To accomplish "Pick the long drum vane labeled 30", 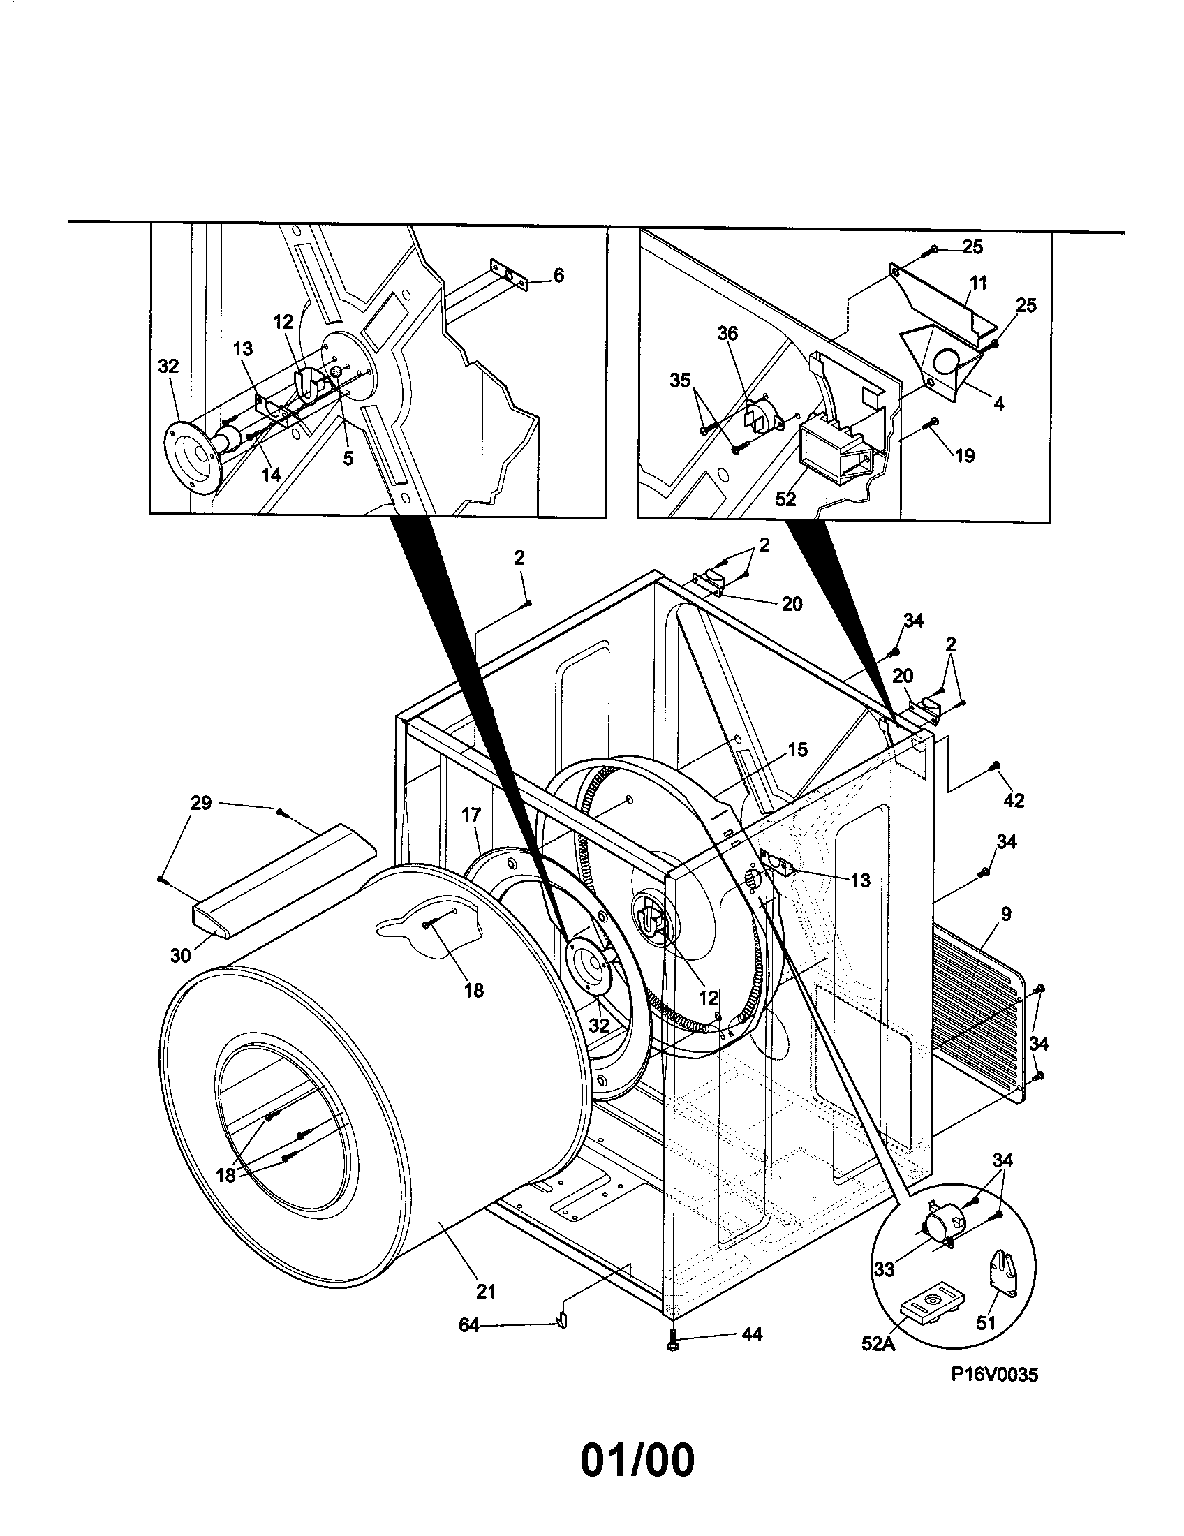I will coord(281,879).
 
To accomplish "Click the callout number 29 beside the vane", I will coord(201,802).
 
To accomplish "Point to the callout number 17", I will coord(471,814).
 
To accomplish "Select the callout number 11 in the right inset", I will coord(978,283).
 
